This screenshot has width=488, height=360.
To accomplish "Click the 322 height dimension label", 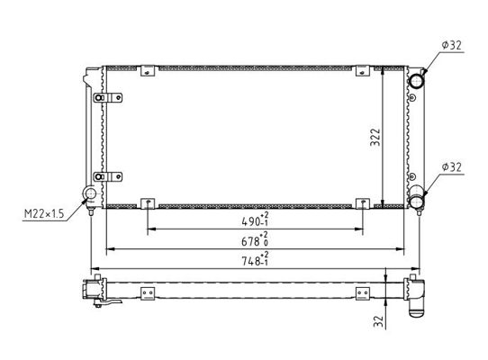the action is pyautogui.click(x=375, y=137).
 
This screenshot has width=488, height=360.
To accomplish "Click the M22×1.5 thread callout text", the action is pyautogui.click(x=44, y=213).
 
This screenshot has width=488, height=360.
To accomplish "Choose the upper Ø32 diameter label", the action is pyautogui.click(x=452, y=45).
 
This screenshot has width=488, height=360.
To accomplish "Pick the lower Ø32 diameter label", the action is pyautogui.click(x=452, y=167).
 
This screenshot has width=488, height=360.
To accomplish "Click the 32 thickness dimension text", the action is pyautogui.click(x=378, y=321).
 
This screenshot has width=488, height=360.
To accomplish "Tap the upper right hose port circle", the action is pyautogui.click(x=416, y=81).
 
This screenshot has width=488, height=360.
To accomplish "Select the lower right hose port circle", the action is pyautogui.click(x=416, y=201).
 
